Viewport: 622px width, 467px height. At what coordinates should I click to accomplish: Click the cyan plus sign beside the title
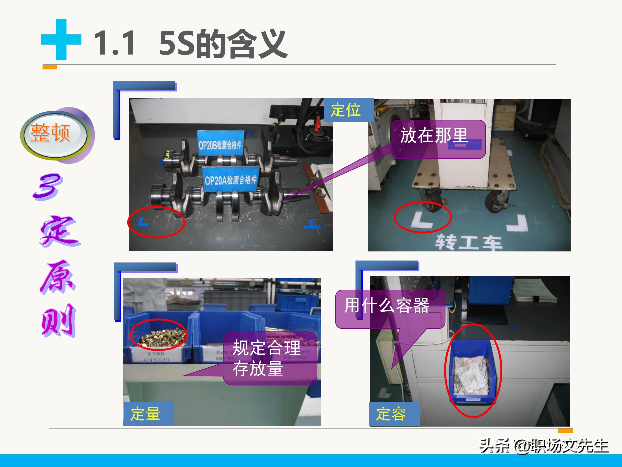click(x=61, y=40)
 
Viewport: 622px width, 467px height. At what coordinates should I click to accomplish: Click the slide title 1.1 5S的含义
click(x=190, y=44)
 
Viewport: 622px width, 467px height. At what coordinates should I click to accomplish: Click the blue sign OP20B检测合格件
click(x=220, y=143)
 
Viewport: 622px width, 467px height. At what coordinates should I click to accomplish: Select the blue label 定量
click(x=148, y=414)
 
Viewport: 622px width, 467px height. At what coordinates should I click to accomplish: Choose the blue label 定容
click(x=394, y=414)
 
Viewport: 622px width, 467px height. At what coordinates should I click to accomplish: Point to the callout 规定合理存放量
click(x=269, y=358)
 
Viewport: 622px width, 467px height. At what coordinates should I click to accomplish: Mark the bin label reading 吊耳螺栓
click(x=156, y=356)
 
